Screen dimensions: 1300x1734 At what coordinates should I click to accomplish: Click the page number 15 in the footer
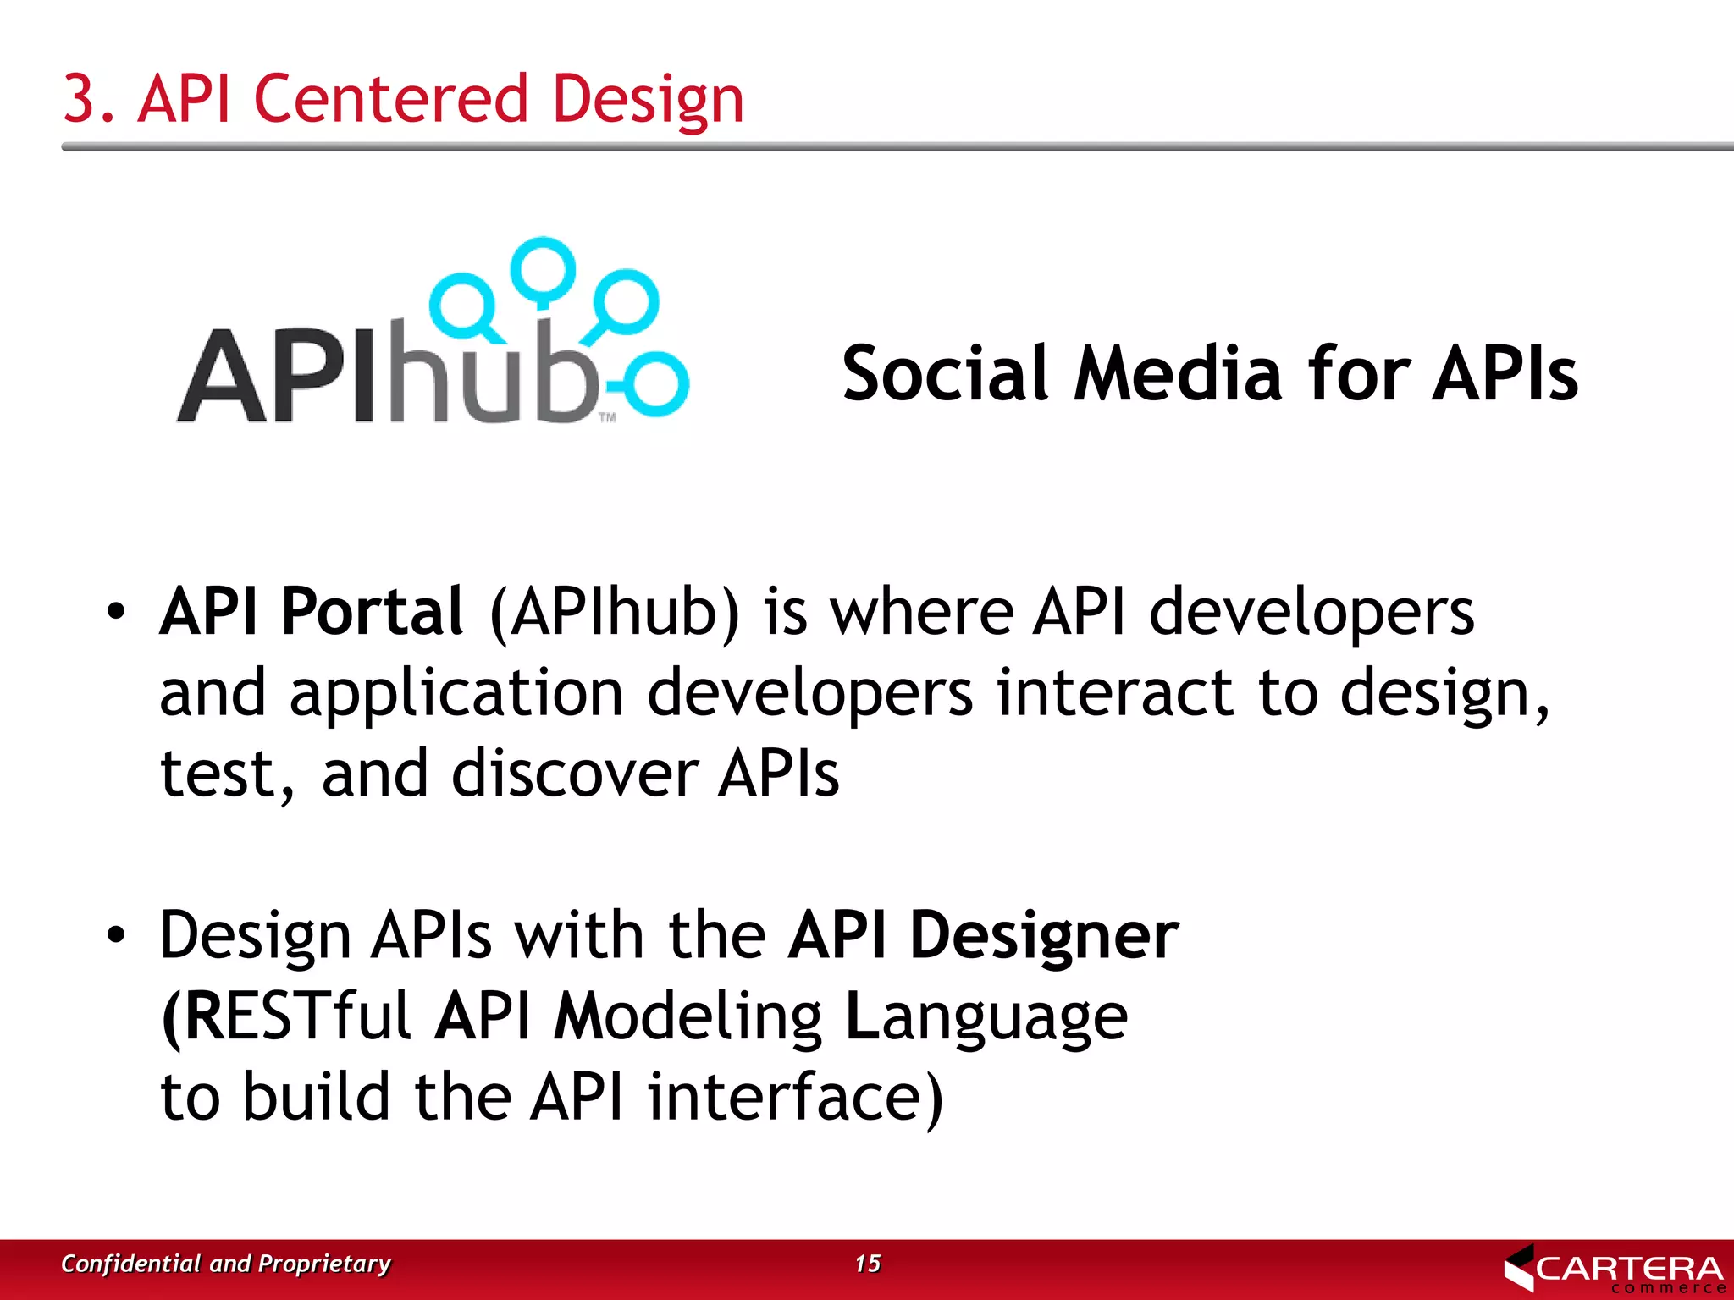tap(867, 1264)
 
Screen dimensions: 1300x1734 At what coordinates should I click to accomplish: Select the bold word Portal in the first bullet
tap(372, 611)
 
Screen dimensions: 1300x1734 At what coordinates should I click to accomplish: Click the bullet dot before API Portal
tap(116, 611)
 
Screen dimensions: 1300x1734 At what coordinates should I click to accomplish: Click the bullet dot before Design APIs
tap(116, 934)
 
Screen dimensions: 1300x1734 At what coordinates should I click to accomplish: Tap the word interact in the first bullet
tap(1114, 692)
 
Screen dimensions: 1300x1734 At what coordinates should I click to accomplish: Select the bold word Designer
tap(1044, 935)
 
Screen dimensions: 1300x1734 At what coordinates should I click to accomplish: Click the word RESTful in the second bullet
tap(296, 1016)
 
